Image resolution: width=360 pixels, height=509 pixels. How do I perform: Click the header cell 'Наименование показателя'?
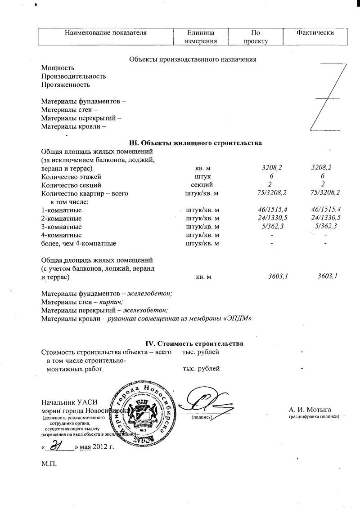(x=106, y=33)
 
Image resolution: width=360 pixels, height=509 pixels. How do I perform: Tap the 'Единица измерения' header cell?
(x=201, y=37)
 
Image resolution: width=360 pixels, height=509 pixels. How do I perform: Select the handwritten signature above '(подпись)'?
(x=203, y=402)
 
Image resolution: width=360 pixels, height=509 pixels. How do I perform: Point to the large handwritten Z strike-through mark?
(x=329, y=96)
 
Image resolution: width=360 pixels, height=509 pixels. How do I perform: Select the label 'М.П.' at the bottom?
(x=49, y=464)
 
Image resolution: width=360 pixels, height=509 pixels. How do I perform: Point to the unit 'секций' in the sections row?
(x=202, y=185)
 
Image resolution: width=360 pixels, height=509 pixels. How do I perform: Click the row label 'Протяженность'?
(x=66, y=84)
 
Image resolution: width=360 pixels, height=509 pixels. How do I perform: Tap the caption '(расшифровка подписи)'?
(x=314, y=417)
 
